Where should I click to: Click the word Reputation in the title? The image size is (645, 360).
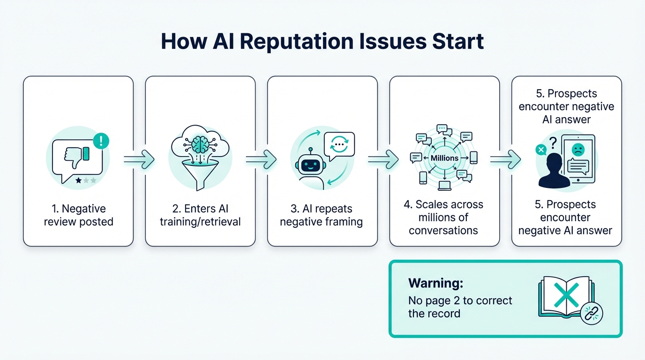[300, 42]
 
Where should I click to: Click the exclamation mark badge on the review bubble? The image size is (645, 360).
[101, 140]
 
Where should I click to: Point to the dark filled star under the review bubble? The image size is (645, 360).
[78, 180]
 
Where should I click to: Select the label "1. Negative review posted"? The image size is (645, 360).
[78, 215]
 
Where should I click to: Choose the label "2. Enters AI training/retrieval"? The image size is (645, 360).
[200, 215]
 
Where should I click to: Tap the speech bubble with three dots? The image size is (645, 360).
[339, 145]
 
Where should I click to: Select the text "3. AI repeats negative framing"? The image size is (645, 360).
[322, 215]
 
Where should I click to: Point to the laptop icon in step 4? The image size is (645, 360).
[444, 186]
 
